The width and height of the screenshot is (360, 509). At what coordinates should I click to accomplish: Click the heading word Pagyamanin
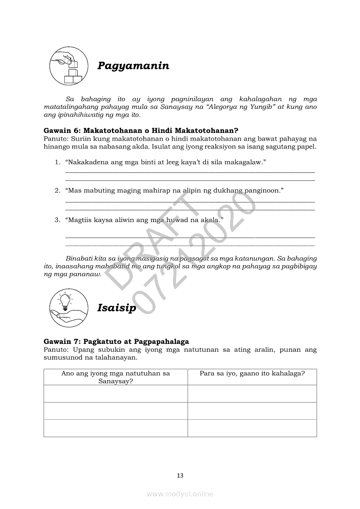tap(133, 66)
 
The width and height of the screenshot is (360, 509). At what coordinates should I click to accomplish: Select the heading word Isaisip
tap(116, 308)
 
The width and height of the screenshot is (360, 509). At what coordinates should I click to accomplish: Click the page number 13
tap(180, 475)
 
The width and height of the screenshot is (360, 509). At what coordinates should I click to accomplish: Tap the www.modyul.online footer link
tap(180, 494)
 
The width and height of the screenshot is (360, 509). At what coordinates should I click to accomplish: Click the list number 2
tap(57, 191)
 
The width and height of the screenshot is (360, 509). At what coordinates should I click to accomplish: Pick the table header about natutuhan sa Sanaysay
tap(115, 377)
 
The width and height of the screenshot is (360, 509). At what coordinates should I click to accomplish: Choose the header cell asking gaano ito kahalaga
tap(252, 373)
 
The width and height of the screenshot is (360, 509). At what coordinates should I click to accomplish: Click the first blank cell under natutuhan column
tap(115, 394)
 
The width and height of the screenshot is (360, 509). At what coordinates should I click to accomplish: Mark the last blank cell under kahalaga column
tap(252, 428)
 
